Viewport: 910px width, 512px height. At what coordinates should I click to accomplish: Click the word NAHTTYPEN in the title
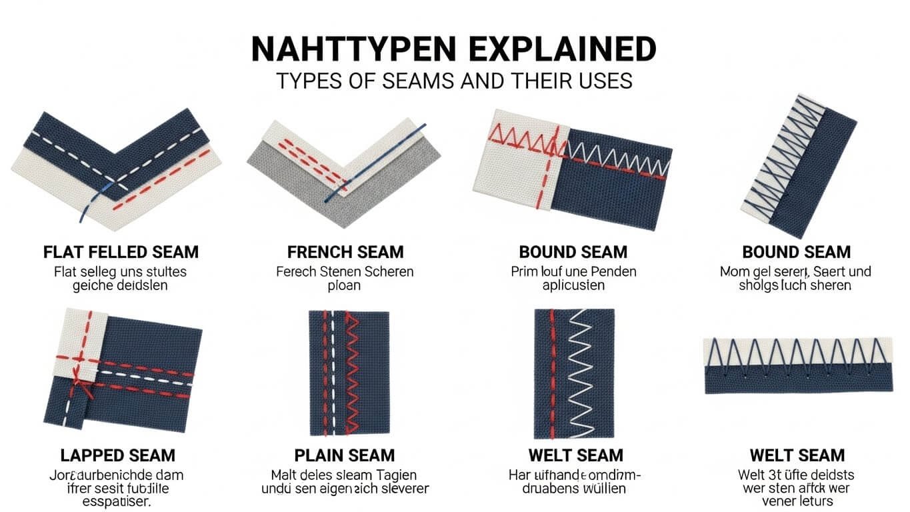click(x=353, y=50)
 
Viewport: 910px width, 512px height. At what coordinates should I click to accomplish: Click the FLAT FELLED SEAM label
click(x=121, y=253)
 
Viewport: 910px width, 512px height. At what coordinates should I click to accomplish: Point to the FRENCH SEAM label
click(x=345, y=253)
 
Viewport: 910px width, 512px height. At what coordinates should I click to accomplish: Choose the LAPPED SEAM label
click(x=118, y=456)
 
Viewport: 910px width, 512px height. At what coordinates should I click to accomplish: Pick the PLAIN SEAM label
click(x=345, y=456)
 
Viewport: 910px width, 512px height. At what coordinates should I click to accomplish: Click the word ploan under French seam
click(x=345, y=286)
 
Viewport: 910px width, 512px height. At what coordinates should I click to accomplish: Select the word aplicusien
click(x=573, y=286)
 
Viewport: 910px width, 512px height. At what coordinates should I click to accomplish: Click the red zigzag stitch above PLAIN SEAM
click(x=353, y=373)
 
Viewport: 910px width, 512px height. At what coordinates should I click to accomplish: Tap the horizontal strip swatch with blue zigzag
click(x=797, y=365)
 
